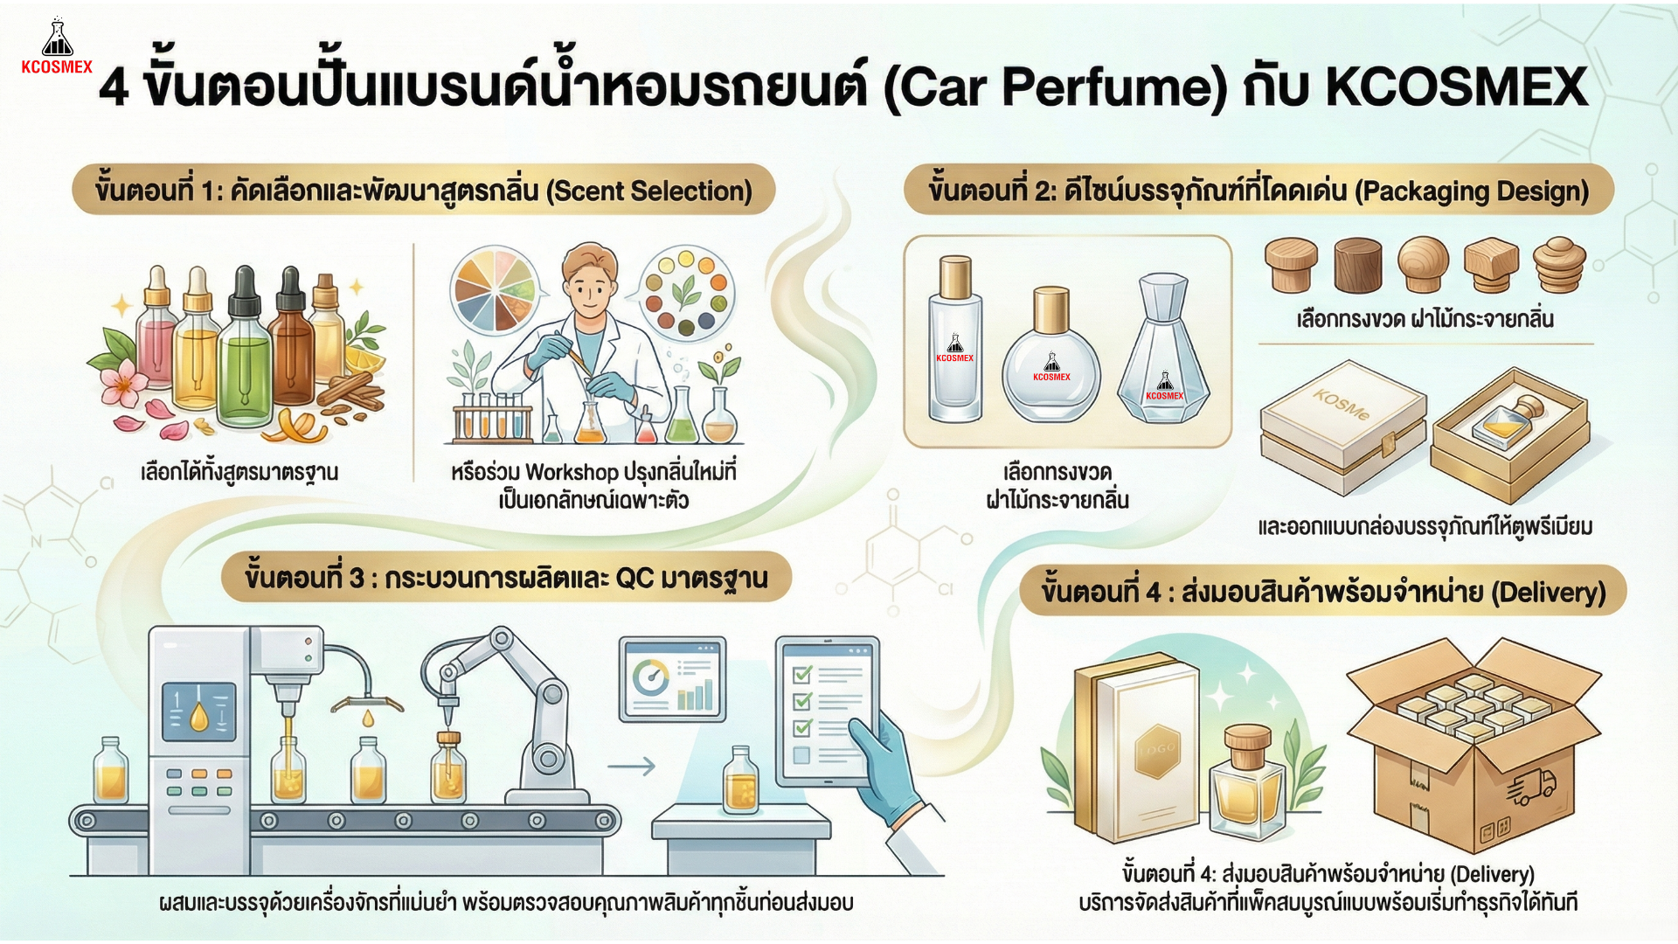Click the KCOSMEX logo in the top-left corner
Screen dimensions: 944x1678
click(x=57, y=47)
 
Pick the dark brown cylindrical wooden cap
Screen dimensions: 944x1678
click(x=1358, y=266)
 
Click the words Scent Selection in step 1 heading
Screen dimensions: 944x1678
click(x=648, y=191)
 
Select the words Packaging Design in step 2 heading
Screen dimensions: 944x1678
click(x=1472, y=191)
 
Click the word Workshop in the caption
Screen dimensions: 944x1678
click(x=572, y=473)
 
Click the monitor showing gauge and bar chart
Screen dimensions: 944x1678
click(x=672, y=679)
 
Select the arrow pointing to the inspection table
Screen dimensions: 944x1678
click(x=631, y=767)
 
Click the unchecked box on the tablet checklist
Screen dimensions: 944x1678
click(x=801, y=755)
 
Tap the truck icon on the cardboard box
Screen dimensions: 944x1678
click(x=1530, y=786)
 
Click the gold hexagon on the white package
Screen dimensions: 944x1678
click(x=1157, y=750)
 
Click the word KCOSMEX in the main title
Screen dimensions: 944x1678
click(x=1456, y=87)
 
